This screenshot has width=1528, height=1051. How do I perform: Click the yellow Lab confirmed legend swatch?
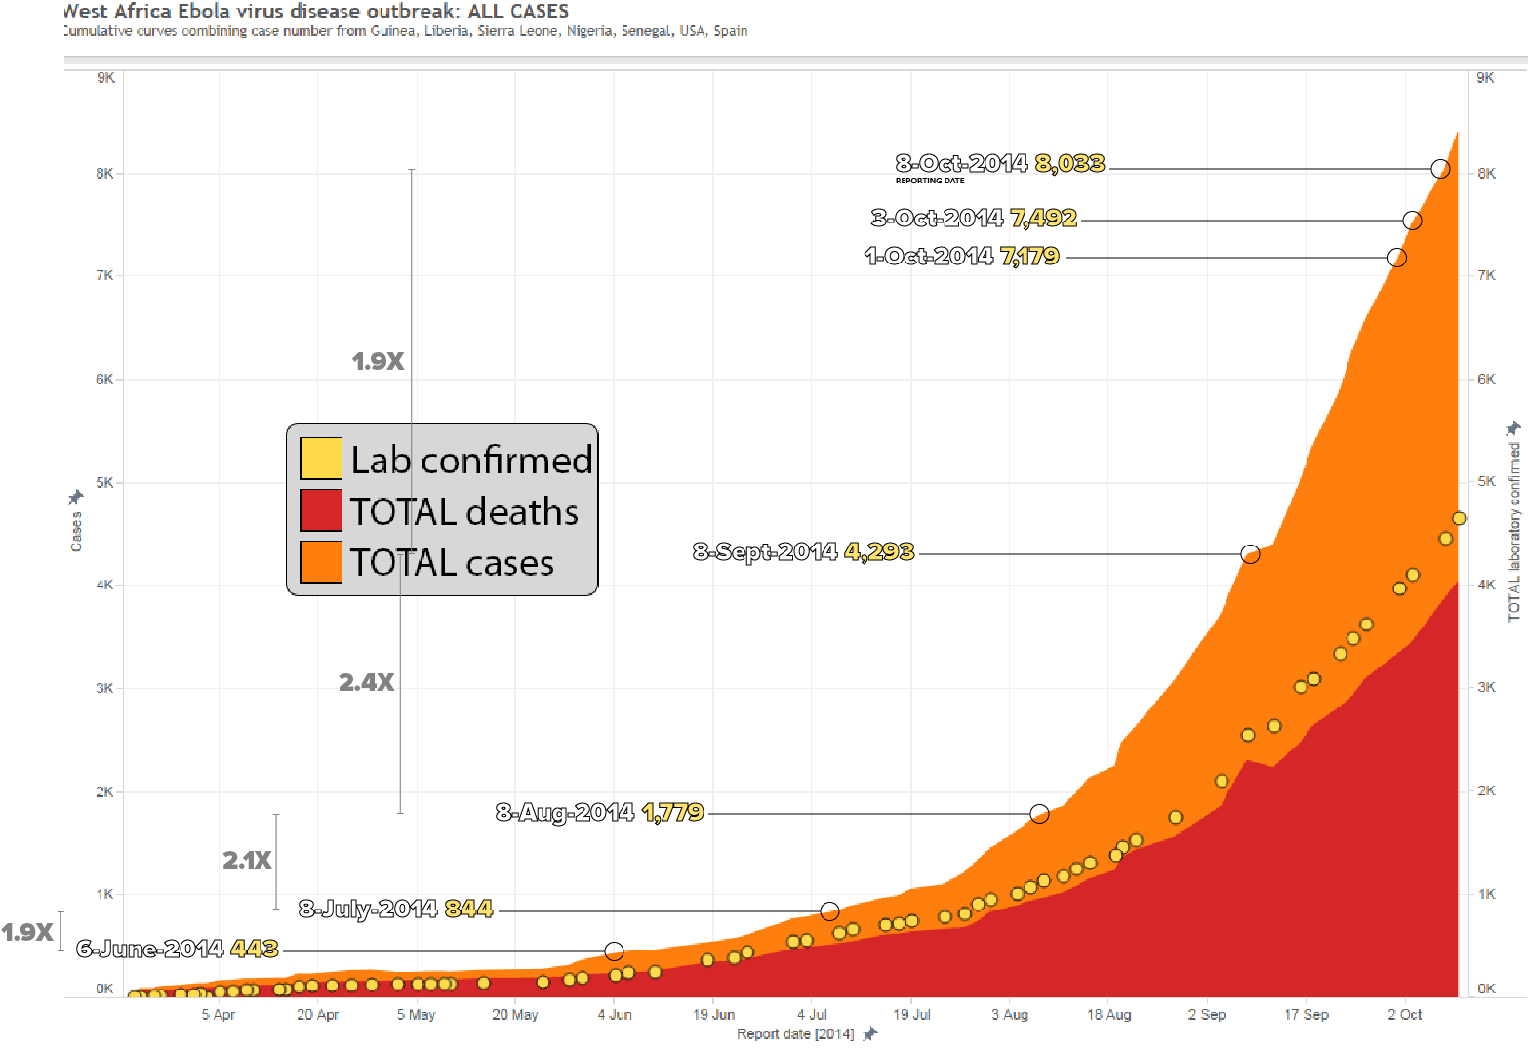pyautogui.click(x=321, y=459)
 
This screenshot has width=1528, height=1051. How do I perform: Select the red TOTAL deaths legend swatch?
pyautogui.click(x=321, y=509)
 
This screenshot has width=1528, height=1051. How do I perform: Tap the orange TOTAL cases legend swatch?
pyautogui.click(x=321, y=561)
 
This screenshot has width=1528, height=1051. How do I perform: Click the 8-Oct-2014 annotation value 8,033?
pyautogui.click(x=1069, y=163)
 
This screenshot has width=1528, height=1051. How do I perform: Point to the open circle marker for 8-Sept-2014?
pyautogui.click(x=1250, y=554)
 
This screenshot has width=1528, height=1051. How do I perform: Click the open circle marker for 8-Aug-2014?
pyautogui.click(x=1039, y=813)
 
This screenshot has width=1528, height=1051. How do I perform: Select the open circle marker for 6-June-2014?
pyautogui.click(x=614, y=950)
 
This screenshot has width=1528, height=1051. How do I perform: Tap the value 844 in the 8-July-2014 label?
pyautogui.click(x=468, y=909)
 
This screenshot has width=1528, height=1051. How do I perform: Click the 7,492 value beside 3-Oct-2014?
pyautogui.click(x=1043, y=218)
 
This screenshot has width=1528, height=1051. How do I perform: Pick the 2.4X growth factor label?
pyautogui.click(x=367, y=682)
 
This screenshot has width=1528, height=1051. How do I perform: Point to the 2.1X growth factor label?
pyautogui.click(x=248, y=860)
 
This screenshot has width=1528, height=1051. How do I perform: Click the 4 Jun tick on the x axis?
pyautogui.click(x=615, y=1015)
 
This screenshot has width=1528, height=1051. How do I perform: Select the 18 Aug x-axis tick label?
pyautogui.click(x=1109, y=1015)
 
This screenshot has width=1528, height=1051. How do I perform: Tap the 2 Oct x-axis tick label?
pyautogui.click(x=1405, y=1015)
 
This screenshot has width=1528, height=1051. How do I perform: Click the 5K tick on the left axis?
pyautogui.click(x=104, y=482)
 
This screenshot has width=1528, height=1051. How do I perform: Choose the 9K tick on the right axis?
pyautogui.click(x=1485, y=78)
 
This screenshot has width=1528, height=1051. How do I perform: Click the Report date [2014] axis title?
pyautogui.click(x=795, y=1034)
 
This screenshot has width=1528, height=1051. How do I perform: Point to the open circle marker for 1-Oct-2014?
pyautogui.click(x=1397, y=258)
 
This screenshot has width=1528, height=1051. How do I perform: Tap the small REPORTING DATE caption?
pyautogui.click(x=930, y=181)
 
